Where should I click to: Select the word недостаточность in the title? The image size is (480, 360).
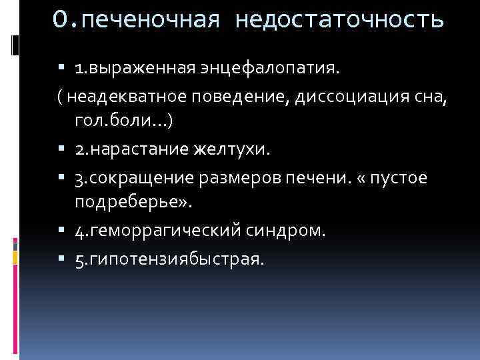339,21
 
